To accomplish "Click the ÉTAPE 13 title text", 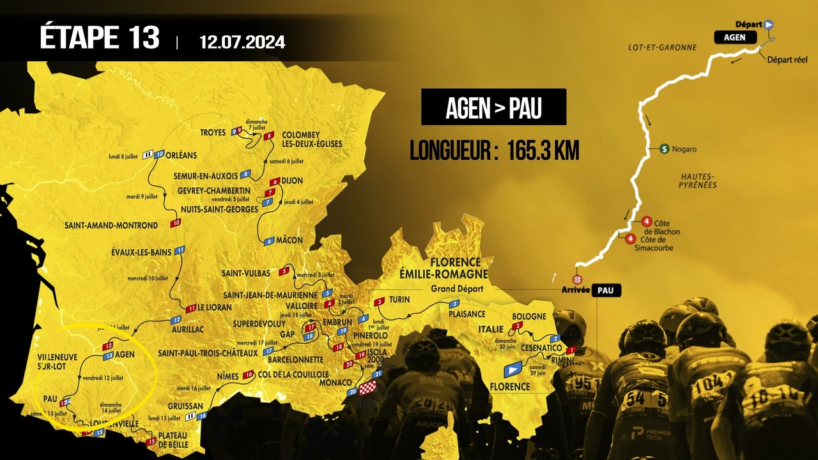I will [x=99, y=38].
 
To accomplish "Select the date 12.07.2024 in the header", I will [x=242, y=42].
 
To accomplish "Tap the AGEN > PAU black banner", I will [x=493, y=107].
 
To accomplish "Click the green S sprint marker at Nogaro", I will [x=665, y=149].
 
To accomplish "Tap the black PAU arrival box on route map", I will [x=606, y=291].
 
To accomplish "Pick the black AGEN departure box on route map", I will [x=734, y=37].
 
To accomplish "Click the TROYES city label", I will [x=213, y=132].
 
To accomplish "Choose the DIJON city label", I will [x=291, y=181].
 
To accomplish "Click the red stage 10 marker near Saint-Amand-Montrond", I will [x=176, y=223].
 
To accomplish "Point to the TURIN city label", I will [x=399, y=300].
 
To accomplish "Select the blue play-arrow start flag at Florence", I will [x=513, y=369].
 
